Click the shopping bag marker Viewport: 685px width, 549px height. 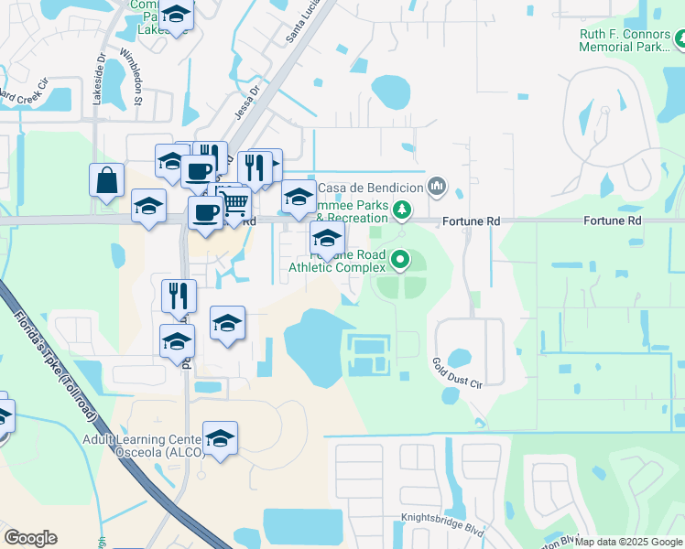(x=107, y=179)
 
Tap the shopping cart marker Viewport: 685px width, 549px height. (x=235, y=203)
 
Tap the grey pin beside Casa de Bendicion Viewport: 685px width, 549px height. (x=437, y=188)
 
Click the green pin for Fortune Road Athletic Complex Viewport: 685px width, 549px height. (x=400, y=261)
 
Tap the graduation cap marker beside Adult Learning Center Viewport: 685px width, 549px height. (x=220, y=439)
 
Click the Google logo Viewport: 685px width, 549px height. (x=30, y=538)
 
